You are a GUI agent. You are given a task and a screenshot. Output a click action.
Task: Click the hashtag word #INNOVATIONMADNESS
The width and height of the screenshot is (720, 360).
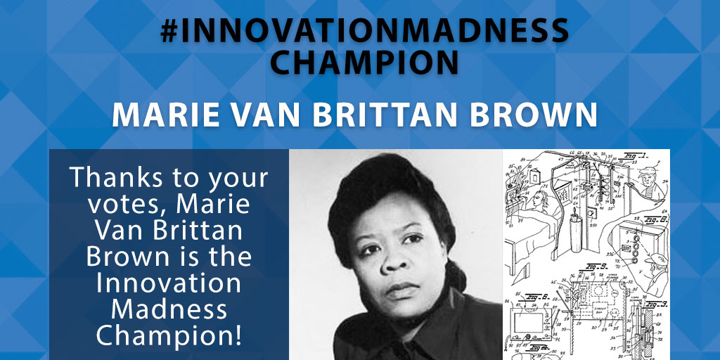click(364, 31)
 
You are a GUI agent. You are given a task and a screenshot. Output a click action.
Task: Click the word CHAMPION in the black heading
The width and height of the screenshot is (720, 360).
click(364, 62)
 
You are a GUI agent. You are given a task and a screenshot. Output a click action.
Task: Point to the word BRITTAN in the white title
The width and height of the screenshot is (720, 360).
click(388, 115)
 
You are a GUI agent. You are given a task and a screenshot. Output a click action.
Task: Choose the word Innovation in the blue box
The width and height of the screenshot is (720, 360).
click(169, 283)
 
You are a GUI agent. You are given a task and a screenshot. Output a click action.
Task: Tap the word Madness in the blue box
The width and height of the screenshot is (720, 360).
click(169, 309)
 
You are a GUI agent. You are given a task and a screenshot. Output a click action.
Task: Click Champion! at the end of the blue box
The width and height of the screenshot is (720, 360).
click(169, 335)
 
